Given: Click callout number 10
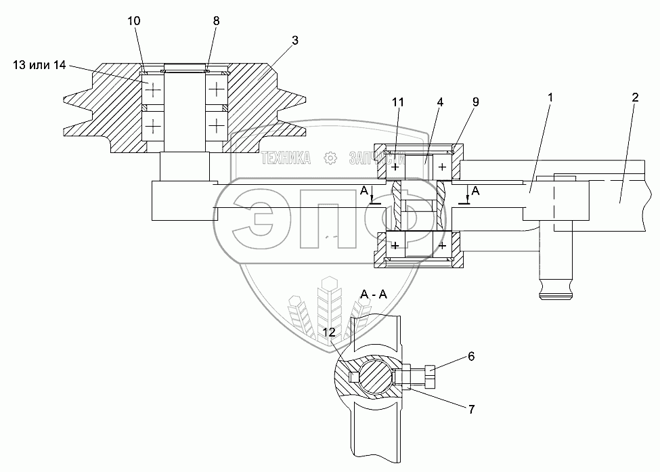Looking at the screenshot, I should coord(134,21).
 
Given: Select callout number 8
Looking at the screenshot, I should coord(216,21).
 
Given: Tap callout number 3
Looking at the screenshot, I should coord(294,40).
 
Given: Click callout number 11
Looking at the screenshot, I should coord(398,102).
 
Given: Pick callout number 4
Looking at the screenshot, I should coord(440,102).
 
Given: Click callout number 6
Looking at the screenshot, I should coord(471,355).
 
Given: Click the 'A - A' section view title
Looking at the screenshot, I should coord(374,295).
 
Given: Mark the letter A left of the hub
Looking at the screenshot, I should coord(365,192).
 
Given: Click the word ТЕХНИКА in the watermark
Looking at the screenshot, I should coord(286,158).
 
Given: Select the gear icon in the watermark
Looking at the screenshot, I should coord(331,158).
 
